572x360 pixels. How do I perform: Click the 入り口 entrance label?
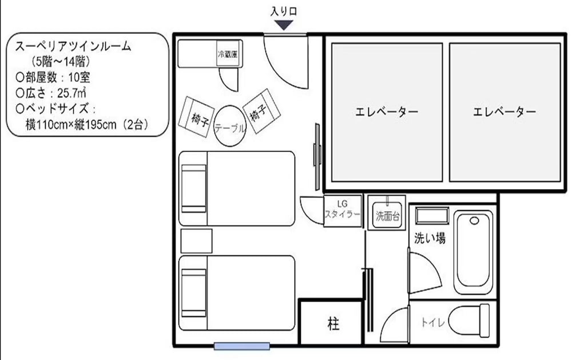pos(284,11)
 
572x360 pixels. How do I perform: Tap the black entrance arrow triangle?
pos(284,25)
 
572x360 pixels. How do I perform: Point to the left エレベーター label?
pos(386,112)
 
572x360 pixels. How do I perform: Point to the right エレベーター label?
pos(505,112)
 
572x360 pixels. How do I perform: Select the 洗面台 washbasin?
pos(387,212)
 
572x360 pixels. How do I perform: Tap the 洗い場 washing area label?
pos(430,238)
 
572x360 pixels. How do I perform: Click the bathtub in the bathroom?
pos(474,252)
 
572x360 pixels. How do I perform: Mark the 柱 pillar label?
pos(333,325)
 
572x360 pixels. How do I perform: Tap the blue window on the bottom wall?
pos(241,346)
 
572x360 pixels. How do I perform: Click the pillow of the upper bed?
pos(193,188)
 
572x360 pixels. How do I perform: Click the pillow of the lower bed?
pos(193,292)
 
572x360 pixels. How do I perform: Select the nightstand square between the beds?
pos(196,240)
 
